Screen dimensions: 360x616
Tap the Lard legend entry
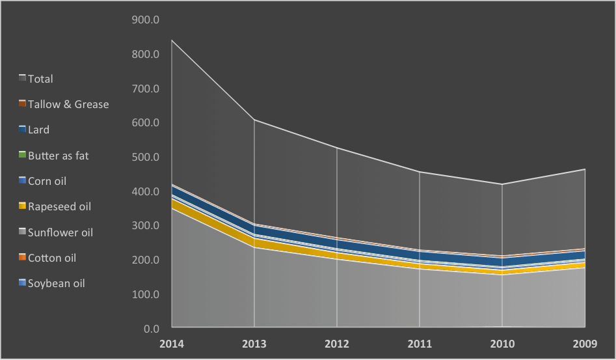click(38, 130)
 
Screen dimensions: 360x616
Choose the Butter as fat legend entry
click(58, 156)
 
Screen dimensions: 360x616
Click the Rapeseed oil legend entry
click(59, 206)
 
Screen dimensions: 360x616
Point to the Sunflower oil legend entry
click(60, 232)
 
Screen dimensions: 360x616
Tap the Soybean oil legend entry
click(56, 283)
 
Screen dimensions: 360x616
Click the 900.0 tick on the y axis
click(146, 20)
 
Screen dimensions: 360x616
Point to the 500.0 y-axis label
click(146, 157)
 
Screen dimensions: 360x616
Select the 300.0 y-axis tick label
click(146, 226)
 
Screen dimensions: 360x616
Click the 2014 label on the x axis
click(172, 344)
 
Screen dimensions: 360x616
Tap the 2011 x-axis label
click(420, 344)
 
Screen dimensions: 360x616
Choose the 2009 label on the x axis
click(585, 344)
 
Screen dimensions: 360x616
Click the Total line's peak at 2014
click(172, 40)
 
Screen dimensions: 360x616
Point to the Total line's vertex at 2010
click(503, 184)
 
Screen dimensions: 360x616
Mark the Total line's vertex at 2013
click(254, 120)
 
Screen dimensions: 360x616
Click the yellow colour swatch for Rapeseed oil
click(22, 206)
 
